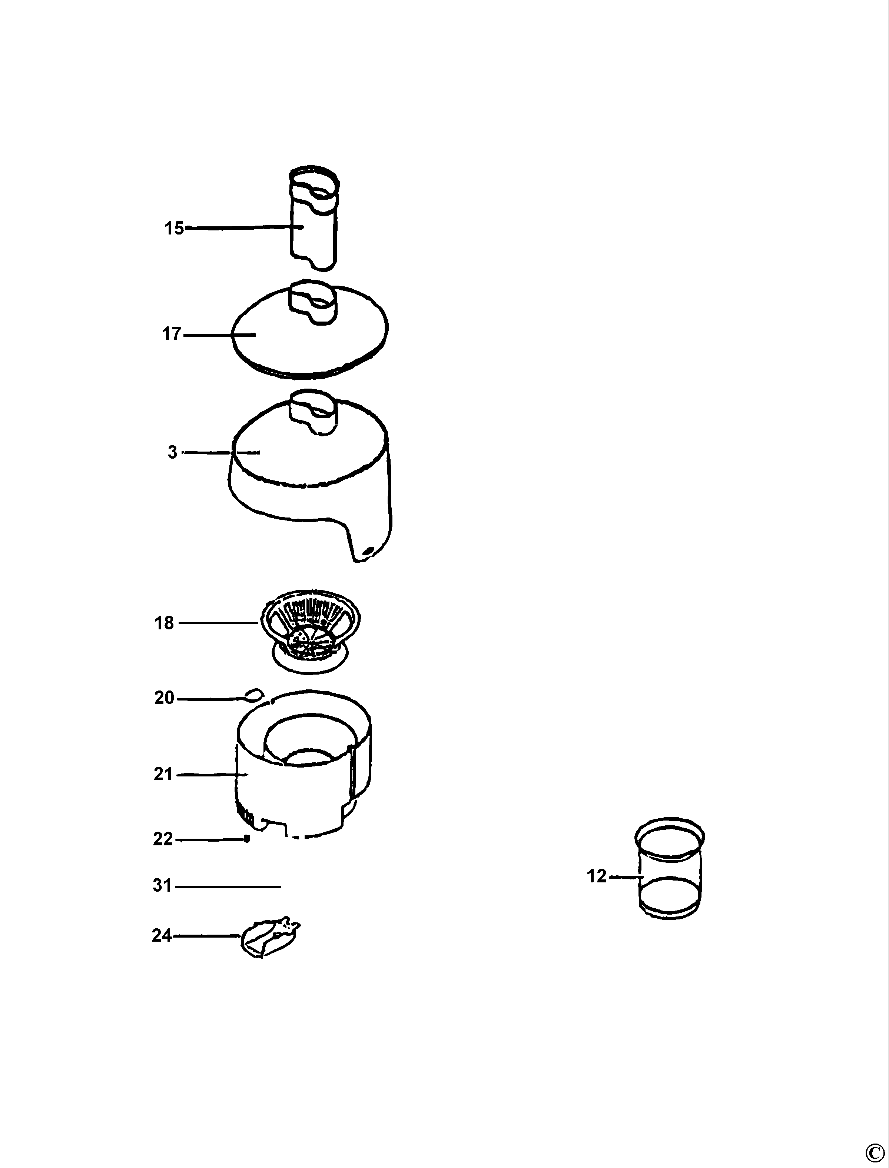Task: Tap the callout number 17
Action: click(x=172, y=334)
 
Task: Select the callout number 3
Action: click(x=173, y=452)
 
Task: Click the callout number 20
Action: click(x=164, y=698)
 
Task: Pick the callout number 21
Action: click(x=163, y=775)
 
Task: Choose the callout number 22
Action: click(x=163, y=839)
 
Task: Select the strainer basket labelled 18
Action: click(x=311, y=633)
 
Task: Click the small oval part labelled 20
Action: click(x=255, y=694)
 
